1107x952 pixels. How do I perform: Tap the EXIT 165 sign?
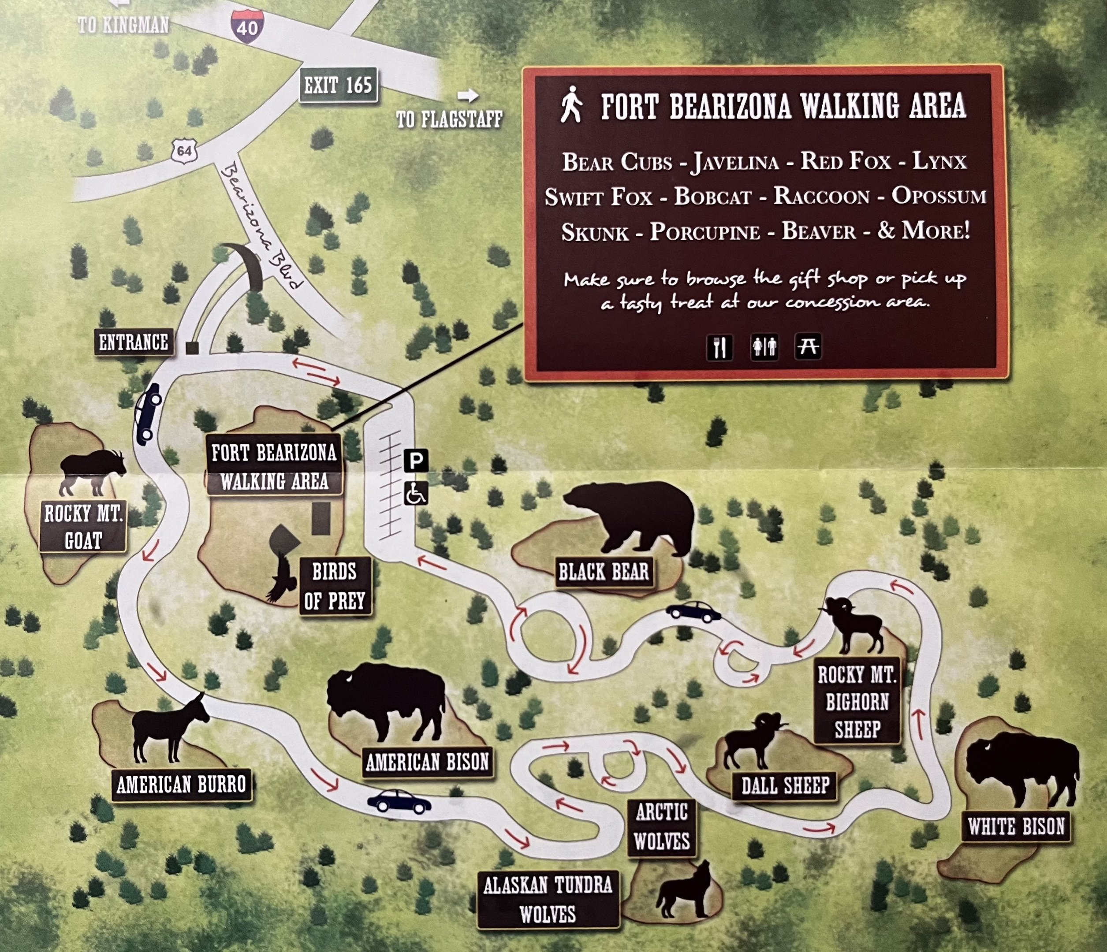pos(338,85)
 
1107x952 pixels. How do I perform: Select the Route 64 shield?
pos(184,151)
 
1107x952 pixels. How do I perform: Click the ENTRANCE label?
pos(134,342)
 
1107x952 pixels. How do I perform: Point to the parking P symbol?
pos(416,461)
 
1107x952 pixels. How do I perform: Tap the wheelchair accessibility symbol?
pos(416,493)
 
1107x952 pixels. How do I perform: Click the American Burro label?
pos(181,784)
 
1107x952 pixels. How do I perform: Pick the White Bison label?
pos(1016,826)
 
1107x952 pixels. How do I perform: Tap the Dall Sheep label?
pos(785,785)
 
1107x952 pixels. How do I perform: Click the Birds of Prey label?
pos(335,586)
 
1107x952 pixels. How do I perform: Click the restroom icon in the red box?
pos(764,347)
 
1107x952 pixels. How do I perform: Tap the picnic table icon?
pos(807,347)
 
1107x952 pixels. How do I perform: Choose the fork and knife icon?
pos(719,347)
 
